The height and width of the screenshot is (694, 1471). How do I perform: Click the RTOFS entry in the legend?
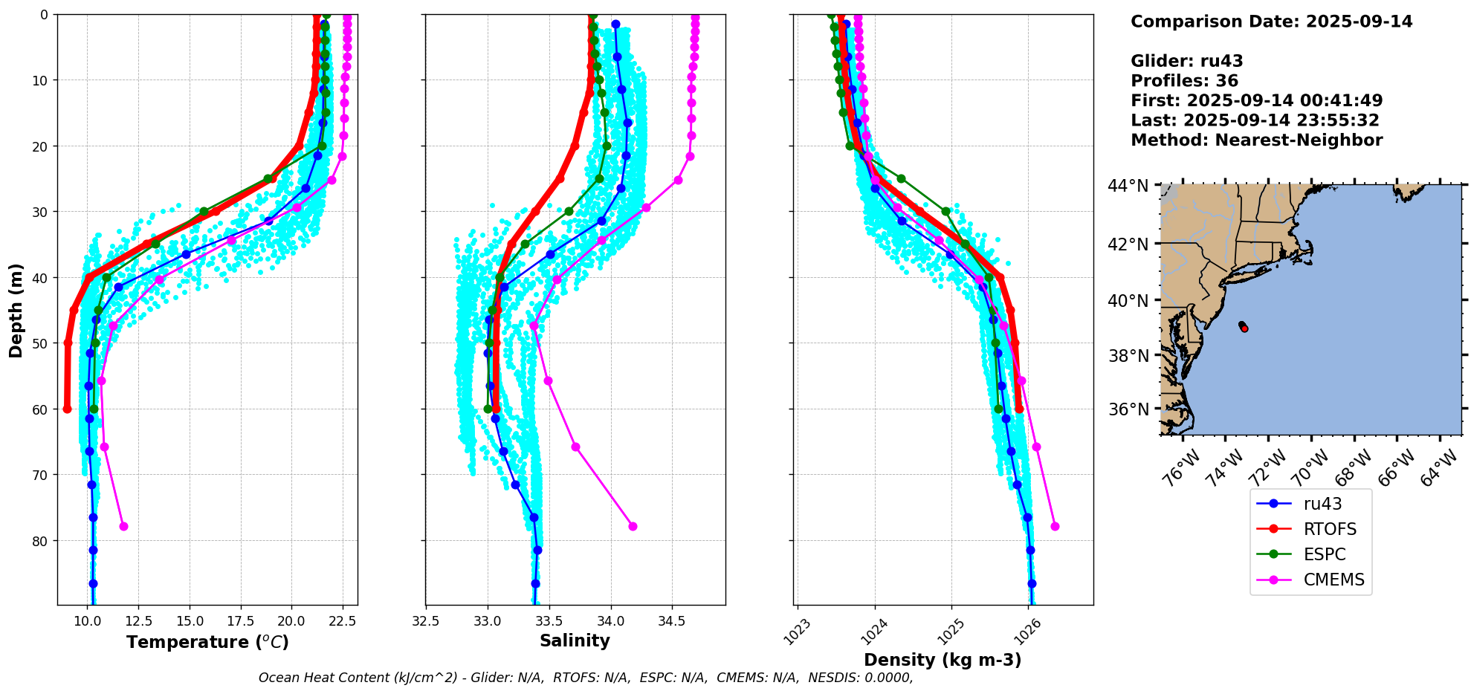[x=1329, y=529]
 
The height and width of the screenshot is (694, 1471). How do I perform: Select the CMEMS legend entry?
[x=1333, y=580]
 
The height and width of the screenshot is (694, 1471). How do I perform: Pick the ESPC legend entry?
[x=1324, y=554]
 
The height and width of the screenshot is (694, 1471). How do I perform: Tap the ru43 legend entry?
[x=1322, y=504]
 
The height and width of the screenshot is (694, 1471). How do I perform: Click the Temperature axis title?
[x=207, y=642]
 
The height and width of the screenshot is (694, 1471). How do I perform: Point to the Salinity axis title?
[x=575, y=641]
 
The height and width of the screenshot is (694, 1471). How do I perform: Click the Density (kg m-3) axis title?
[x=943, y=660]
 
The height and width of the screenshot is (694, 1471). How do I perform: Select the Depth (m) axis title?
[x=16, y=310]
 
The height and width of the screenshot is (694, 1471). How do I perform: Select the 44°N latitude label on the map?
[x=1128, y=186]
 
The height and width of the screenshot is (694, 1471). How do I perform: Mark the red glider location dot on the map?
[x=1244, y=328]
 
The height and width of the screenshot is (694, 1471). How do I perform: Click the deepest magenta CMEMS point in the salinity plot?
[x=633, y=526]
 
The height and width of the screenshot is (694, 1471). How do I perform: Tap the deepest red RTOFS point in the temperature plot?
[x=67, y=409]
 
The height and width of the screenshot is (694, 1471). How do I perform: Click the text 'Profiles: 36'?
[x=1184, y=81]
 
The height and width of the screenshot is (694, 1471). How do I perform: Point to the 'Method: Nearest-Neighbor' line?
[x=1256, y=140]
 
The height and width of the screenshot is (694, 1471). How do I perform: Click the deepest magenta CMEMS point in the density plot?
[x=1055, y=526]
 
